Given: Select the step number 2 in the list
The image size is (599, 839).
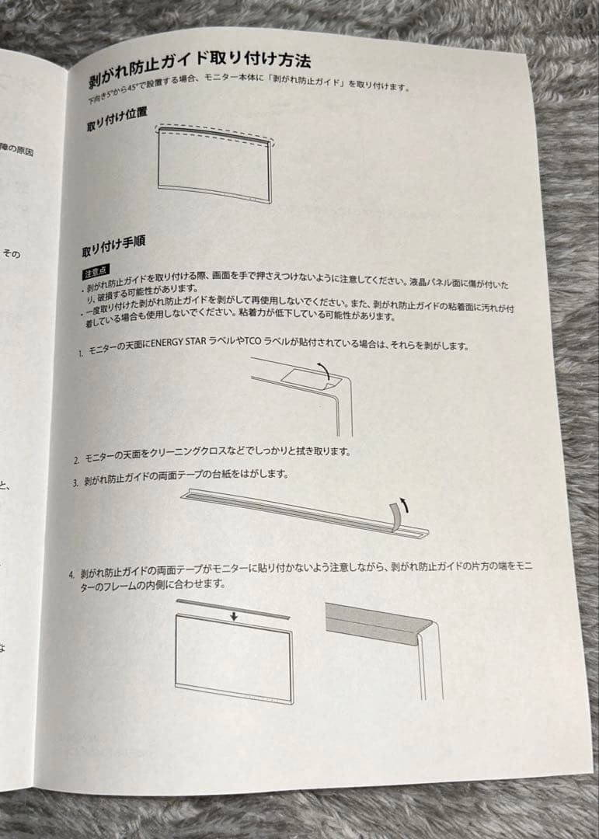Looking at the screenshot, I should coord(76,461).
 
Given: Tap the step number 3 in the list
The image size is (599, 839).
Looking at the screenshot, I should coord(75,482).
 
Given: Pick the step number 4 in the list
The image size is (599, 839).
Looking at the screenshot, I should coord(71,576).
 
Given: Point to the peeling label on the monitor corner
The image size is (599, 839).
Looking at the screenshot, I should coord(306,378).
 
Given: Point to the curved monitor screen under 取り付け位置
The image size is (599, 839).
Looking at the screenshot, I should coord(214,167).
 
